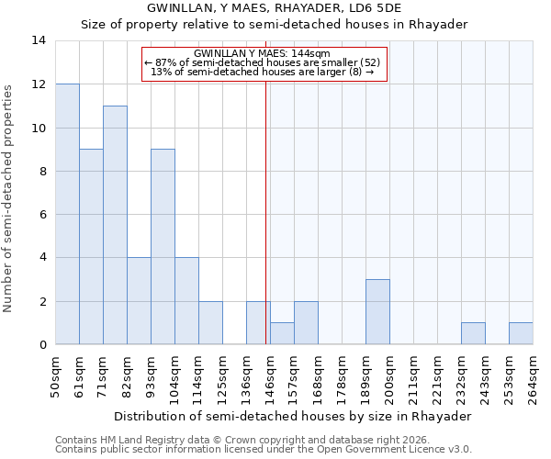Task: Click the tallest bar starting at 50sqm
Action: point(67,214)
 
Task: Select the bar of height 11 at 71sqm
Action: point(115,225)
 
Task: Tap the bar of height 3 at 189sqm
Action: point(377,312)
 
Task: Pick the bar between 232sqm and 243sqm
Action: point(473,333)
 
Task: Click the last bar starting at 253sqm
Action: point(521,333)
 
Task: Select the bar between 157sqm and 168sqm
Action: point(306,323)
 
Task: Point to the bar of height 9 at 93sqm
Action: point(163,247)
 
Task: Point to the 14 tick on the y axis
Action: point(39,40)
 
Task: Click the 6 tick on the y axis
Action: point(42,215)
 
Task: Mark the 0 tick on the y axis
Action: point(42,345)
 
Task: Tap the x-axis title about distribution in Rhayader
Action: point(294,416)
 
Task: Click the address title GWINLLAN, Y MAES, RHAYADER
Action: point(275,7)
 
